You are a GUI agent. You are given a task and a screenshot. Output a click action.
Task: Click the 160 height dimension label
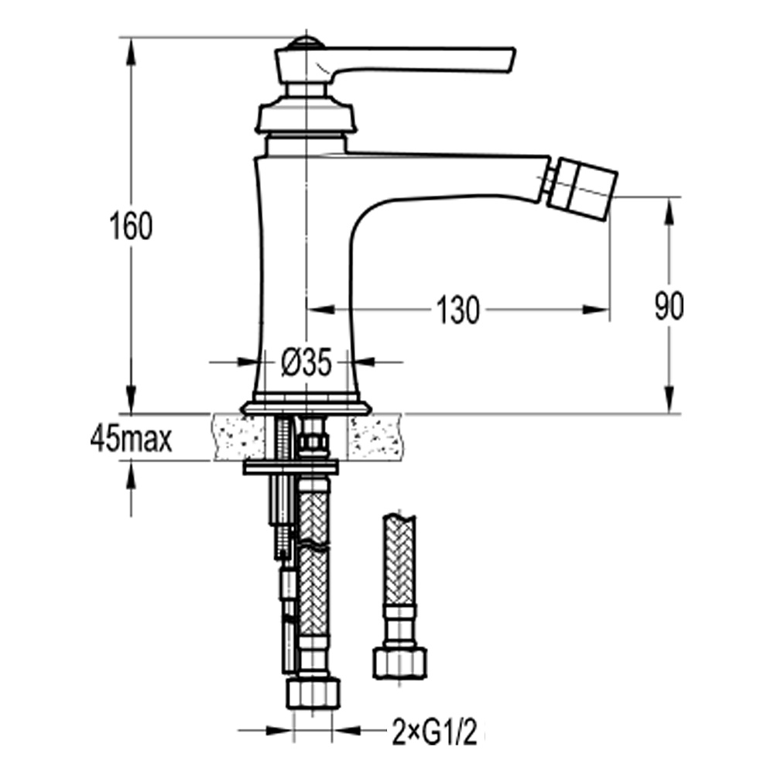(x=131, y=225)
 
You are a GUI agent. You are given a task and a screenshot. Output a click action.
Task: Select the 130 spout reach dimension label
(x=457, y=310)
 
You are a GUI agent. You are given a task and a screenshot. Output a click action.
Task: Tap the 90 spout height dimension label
(x=669, y=306)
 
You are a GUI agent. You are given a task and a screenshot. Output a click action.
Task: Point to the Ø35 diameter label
(x=306, y=364)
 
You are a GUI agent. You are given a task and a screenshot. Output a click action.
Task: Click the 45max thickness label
(x=132, y=439)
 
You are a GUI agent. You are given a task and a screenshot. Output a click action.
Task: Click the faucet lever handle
(x=396, y=63)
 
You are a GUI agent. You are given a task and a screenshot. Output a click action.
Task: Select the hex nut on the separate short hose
(x=399, y=663)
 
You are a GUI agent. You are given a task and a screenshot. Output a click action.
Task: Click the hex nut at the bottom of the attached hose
(x=313, y=694)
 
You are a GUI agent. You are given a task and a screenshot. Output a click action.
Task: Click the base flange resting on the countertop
(x=306, y=407)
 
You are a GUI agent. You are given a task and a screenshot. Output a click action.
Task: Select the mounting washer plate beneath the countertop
(x=291, y=467)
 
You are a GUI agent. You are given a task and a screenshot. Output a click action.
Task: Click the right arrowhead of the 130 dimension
(x=594, y=310)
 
